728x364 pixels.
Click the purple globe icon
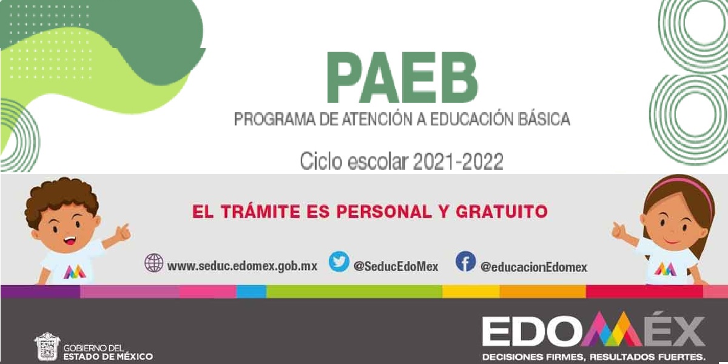[x=154, y=263]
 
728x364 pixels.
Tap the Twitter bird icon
[x=339, y=261]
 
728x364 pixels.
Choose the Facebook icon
[x=465, y=262]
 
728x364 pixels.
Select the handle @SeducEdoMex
[x=396, y=266]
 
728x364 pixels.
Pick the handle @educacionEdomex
[x=534, y=266]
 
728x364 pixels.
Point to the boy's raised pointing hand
[x=123, y=232]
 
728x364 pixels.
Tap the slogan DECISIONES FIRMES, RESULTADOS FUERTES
[x=594, y=356]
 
